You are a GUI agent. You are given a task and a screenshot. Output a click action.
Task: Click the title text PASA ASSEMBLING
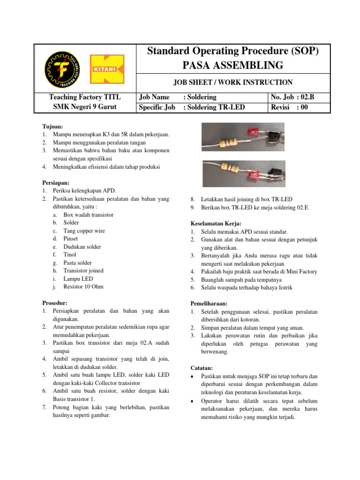[x=233, y=65]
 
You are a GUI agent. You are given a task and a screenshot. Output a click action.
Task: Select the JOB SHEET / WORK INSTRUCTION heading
[x=233, y=82]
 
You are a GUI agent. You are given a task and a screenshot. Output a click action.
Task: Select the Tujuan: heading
[x=52, y=127]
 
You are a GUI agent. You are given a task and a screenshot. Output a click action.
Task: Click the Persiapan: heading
[x=56, y=182]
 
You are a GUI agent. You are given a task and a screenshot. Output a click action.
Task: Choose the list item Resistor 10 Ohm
[x=83, y=286]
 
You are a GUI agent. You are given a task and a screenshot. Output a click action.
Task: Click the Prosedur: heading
[x=55, y=303]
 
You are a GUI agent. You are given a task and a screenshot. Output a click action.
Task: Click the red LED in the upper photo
[x=251, y=132]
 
